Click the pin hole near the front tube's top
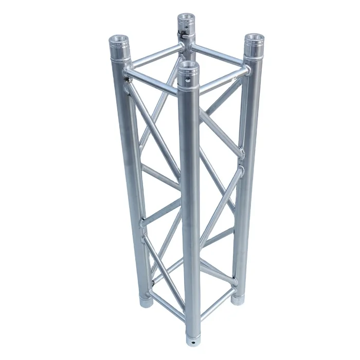tap(187, 80)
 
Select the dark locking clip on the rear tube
tap(184, 35)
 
